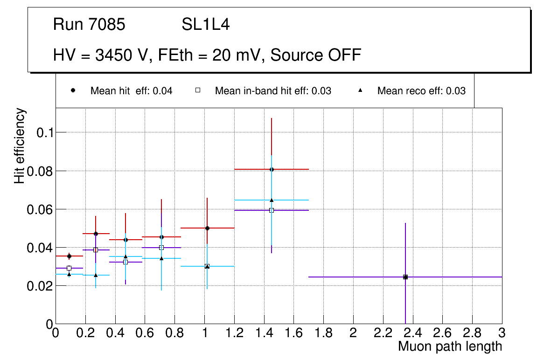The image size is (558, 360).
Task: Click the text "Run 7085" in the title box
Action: (89, 25)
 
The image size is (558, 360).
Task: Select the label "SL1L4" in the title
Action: (206, 25)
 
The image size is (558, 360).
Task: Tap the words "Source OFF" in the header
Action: (316, 55)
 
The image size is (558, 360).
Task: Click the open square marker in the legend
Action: (198, 91)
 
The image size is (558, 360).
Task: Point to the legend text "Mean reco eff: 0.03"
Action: (421, 91)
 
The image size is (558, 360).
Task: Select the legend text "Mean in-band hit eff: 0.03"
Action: (273, 91)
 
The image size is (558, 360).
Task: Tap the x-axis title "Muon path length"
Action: (450, 346)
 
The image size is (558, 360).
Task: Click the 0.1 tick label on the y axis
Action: (42, 133)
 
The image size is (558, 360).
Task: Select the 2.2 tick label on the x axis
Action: (383, 333)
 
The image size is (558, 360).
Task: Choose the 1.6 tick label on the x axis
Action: (293, 333)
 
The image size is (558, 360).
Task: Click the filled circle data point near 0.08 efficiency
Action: (272, 169)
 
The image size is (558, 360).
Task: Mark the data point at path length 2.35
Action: (405, 277)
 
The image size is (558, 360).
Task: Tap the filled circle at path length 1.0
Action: (207, 228)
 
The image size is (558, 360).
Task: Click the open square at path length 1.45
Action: (272, 210)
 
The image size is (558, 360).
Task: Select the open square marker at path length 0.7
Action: (161, 248)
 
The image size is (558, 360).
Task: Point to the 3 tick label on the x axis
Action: (502, 333)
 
